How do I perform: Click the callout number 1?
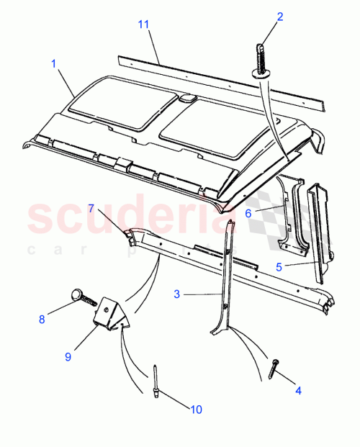53,63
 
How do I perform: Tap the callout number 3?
176,294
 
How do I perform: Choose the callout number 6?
248,214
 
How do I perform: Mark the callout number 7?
91,208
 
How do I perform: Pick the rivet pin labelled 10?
156,378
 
